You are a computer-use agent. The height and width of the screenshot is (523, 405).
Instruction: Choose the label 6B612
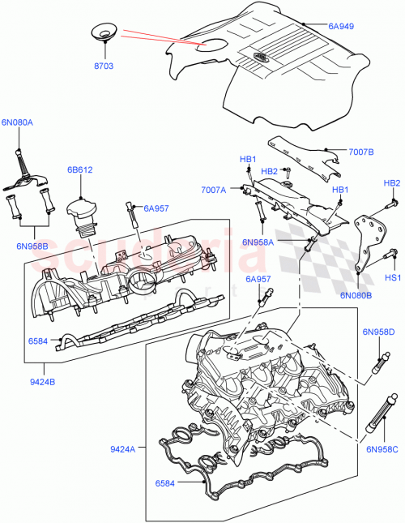pyautogui.click(x=79, y=171)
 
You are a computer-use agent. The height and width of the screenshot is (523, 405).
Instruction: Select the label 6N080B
pyautogui.click(x=356, y=296)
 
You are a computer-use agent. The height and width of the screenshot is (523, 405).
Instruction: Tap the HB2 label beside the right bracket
pyautogui.click(x=391, y=183)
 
